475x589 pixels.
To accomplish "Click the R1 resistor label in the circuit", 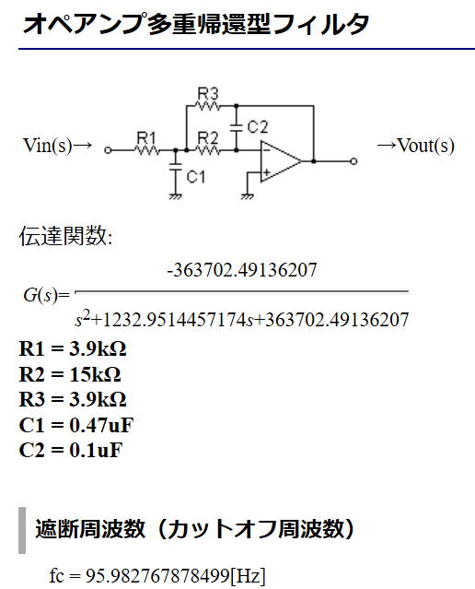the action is coord(146,137).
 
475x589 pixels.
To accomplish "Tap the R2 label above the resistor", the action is coord(207,137).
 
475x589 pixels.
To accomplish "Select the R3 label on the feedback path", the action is coord(207,93).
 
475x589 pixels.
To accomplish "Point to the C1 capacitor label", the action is coord(196,177).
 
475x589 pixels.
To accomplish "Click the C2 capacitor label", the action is coord(258,127).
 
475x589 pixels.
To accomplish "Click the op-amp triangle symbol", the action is coord(281,161).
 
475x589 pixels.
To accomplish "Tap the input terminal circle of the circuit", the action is coord(108,150).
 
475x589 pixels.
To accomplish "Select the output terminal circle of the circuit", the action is coord(353,161).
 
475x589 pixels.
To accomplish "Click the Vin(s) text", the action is coord(47,146).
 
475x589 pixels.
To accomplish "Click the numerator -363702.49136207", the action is coord(242,270).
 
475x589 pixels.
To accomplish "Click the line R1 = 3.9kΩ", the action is coord(73,349).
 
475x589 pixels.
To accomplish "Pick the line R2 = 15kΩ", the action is coord(70,374).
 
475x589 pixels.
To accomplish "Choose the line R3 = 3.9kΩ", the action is coord(73,399).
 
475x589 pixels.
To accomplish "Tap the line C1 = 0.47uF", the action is coord(76,425).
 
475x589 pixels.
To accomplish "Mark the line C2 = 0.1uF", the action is coord(71,451).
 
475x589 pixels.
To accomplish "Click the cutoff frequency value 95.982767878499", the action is coord(157,575).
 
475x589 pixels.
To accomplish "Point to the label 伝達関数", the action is coord(64,236).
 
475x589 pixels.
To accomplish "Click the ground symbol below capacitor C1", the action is coord(175,196).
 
